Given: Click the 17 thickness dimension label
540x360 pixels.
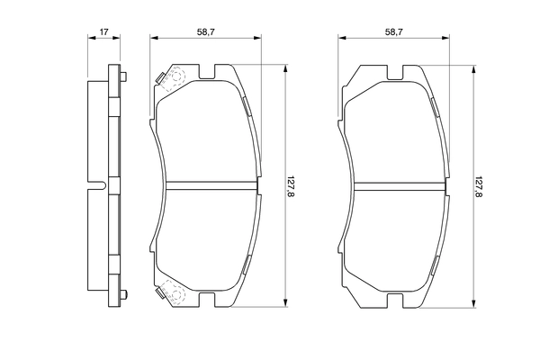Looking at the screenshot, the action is [104, 32].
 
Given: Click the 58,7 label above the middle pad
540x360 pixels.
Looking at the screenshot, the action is [206, 32].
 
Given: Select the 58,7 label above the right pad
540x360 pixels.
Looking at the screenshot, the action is [394, 32].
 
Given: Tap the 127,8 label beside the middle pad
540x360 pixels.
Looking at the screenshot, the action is [291, 186].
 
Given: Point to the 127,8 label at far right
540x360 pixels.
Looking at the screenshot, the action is [479, 186].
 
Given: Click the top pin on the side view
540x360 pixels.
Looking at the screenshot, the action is [123, 76].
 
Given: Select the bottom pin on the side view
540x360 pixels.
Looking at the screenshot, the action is [123, 295].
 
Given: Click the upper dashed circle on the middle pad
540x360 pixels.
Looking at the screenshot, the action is [177, 76].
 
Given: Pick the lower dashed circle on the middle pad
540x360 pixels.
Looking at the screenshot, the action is [177, 295].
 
